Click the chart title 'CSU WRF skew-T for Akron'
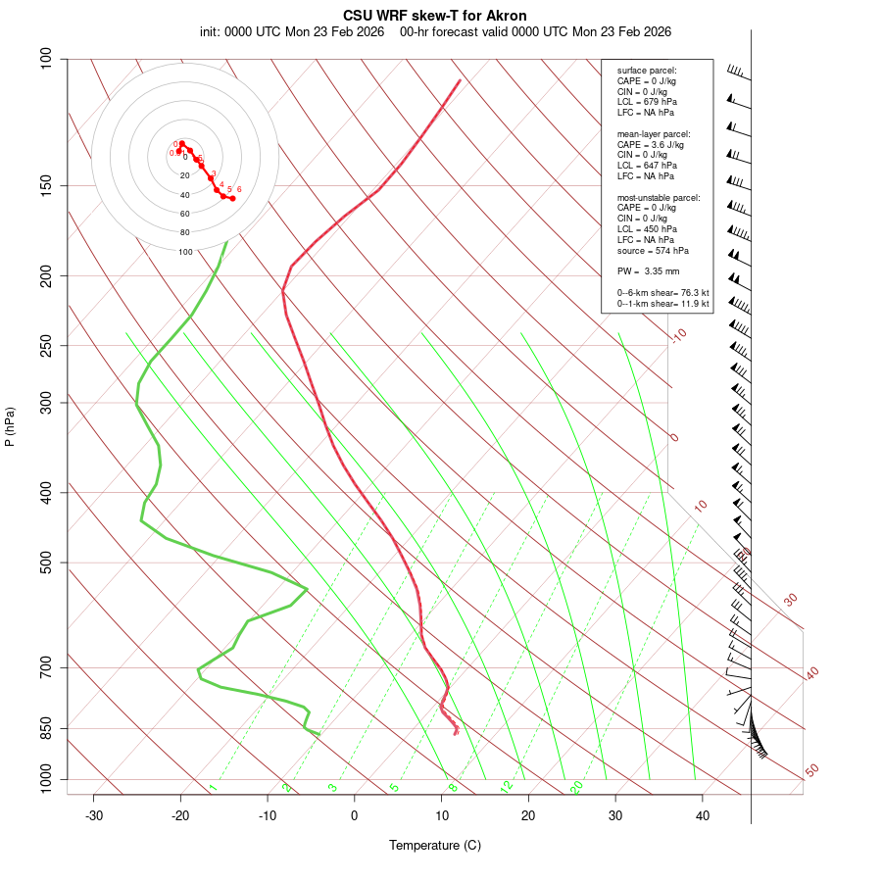click(435, 16)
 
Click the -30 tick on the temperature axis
click(94, 815)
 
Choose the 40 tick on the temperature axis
click(703, 815)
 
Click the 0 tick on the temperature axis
click(355, 815)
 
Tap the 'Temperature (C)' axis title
click(435, 845)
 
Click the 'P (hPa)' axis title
click(10, 426)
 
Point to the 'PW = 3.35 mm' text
click(648, 270)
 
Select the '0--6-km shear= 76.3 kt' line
click(662, 293)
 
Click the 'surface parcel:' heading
click(647, 71)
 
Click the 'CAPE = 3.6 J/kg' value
click(650, 144)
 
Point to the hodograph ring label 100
click(185, 252)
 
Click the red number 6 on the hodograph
click(239, 189)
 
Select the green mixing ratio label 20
click(576, 786)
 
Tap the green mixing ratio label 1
click(213, 788)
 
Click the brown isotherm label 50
click(811, 771)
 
